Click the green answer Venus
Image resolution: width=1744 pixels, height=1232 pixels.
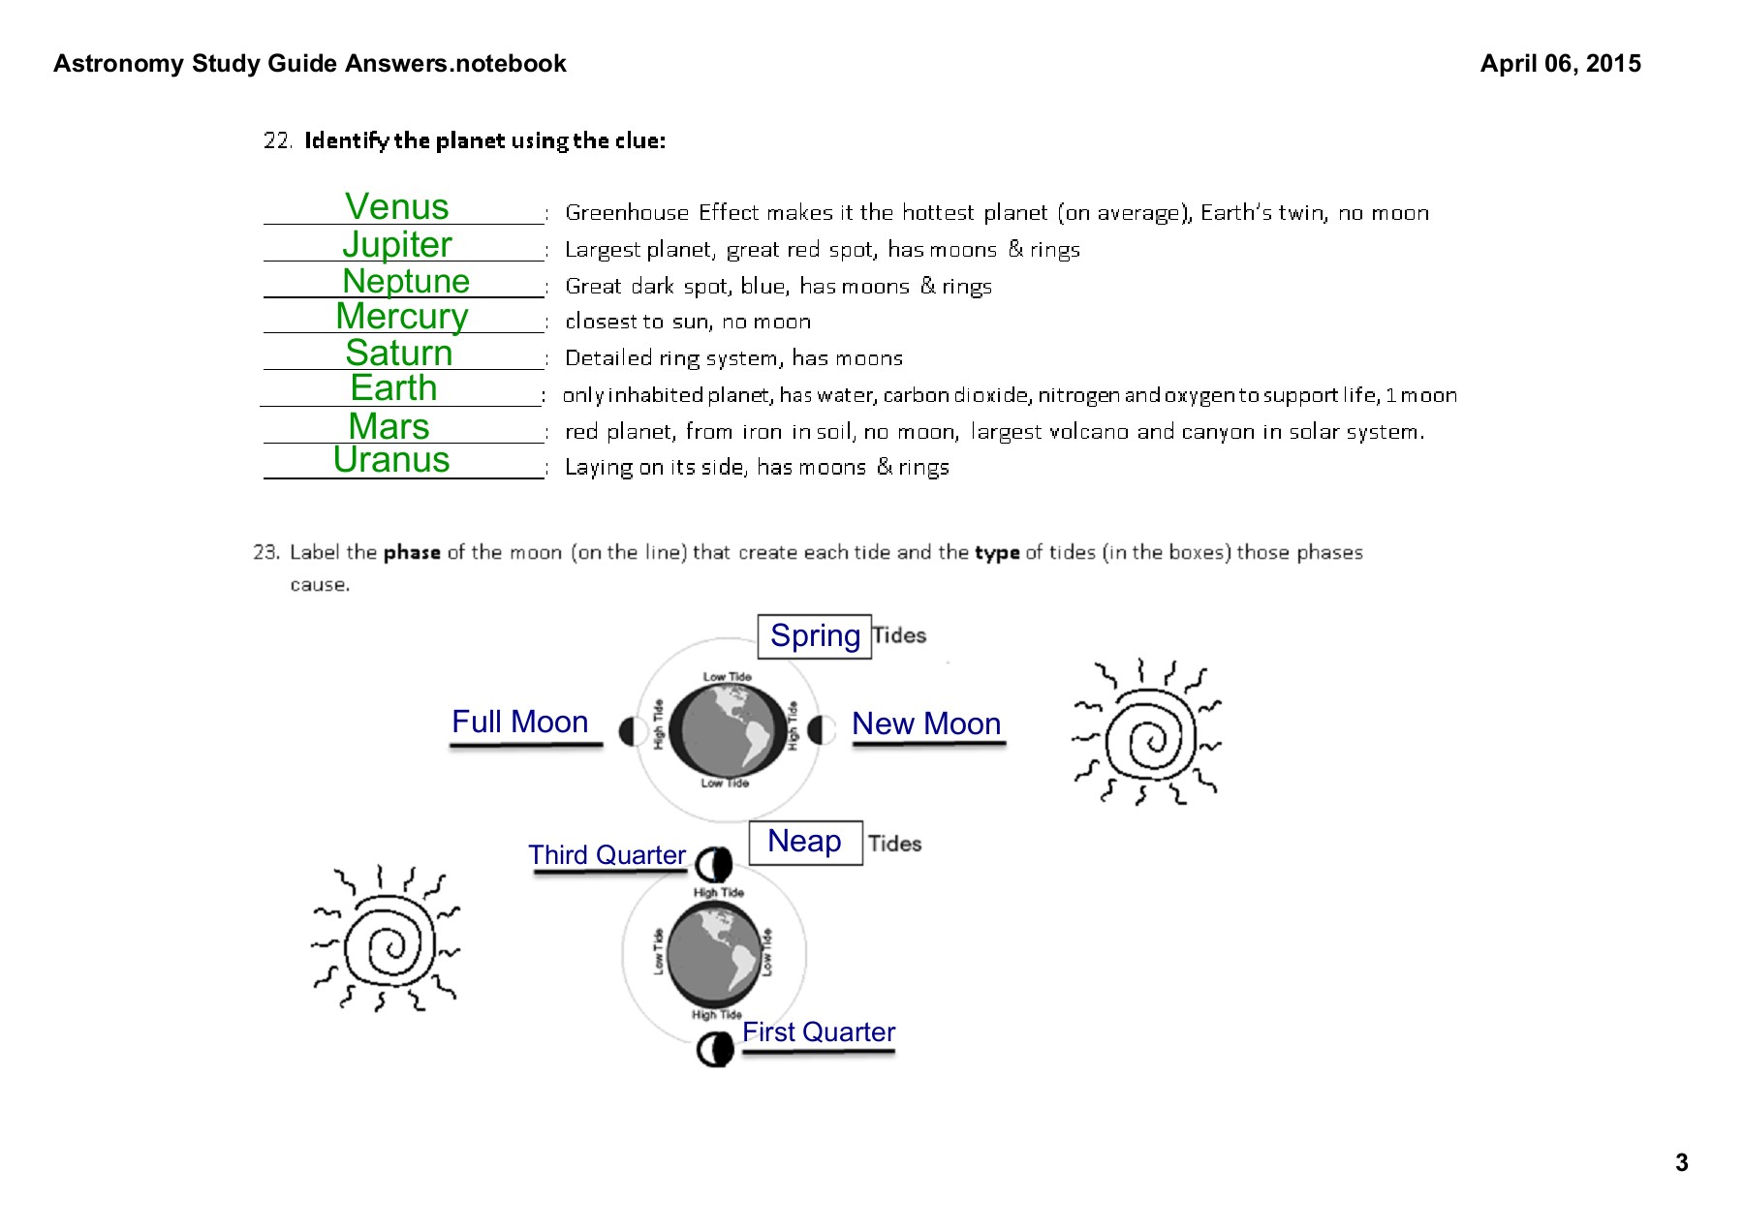click(x=397, y=206)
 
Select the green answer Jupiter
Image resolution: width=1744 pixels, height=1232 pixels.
click(x=397, y=244)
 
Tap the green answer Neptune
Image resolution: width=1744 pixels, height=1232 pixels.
click(x=406, y=281)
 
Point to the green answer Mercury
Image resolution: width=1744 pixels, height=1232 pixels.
click(x=402, y=317)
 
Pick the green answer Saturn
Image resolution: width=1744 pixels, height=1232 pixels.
click(x=399, y=353)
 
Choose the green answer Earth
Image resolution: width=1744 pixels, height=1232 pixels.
click(x=393, y=387)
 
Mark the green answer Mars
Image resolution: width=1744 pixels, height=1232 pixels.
click(x=389, y=426)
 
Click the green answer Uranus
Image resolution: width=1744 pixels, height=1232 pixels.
click(x=391, y=459)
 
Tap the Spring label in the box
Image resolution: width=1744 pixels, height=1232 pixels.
click(x=815, y=635)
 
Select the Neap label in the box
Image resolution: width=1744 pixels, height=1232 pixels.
click(x=804, y=841)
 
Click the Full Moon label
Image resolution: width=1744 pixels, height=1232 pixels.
click(x=520, y=722)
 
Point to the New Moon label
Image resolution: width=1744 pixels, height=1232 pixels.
click(x=926, y=724)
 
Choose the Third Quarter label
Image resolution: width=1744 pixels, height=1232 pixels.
click(x=607, y=855)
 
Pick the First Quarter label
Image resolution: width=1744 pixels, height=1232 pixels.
click(x=819, y=1032)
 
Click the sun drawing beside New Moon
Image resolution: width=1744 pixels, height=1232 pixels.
click(x=1148, y=733)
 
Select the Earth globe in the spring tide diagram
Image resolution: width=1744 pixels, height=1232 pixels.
click(x=728, y=730)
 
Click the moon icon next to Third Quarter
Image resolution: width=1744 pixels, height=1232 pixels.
click(x=714, y=863)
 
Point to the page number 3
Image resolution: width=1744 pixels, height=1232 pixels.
click(x=1682, y=1163)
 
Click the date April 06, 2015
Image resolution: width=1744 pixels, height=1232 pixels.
click(x=1560, y=64)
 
